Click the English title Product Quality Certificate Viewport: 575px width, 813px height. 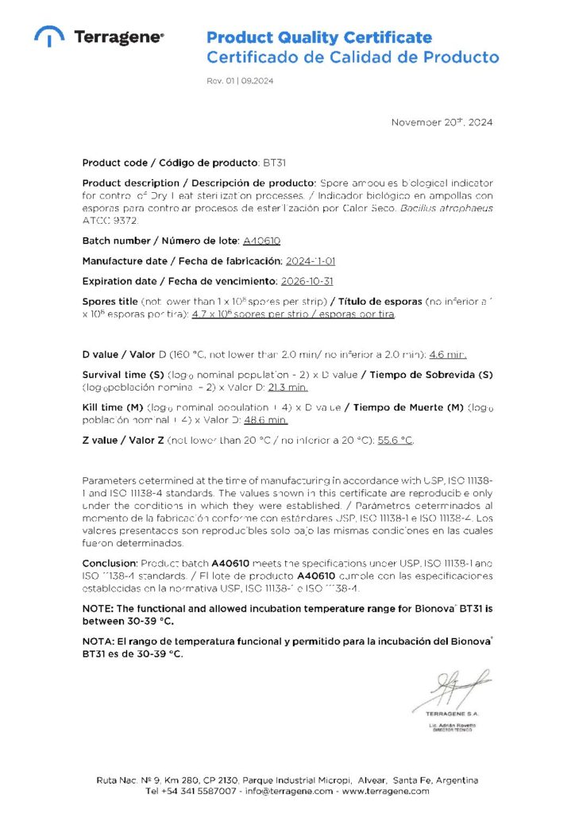[x=319, y=37]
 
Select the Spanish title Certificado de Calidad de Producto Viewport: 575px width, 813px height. [x=353, y=57]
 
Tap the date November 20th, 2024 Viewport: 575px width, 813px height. [x=442, y=122]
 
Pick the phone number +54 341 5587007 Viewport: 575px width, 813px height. [x=201, y=791]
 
